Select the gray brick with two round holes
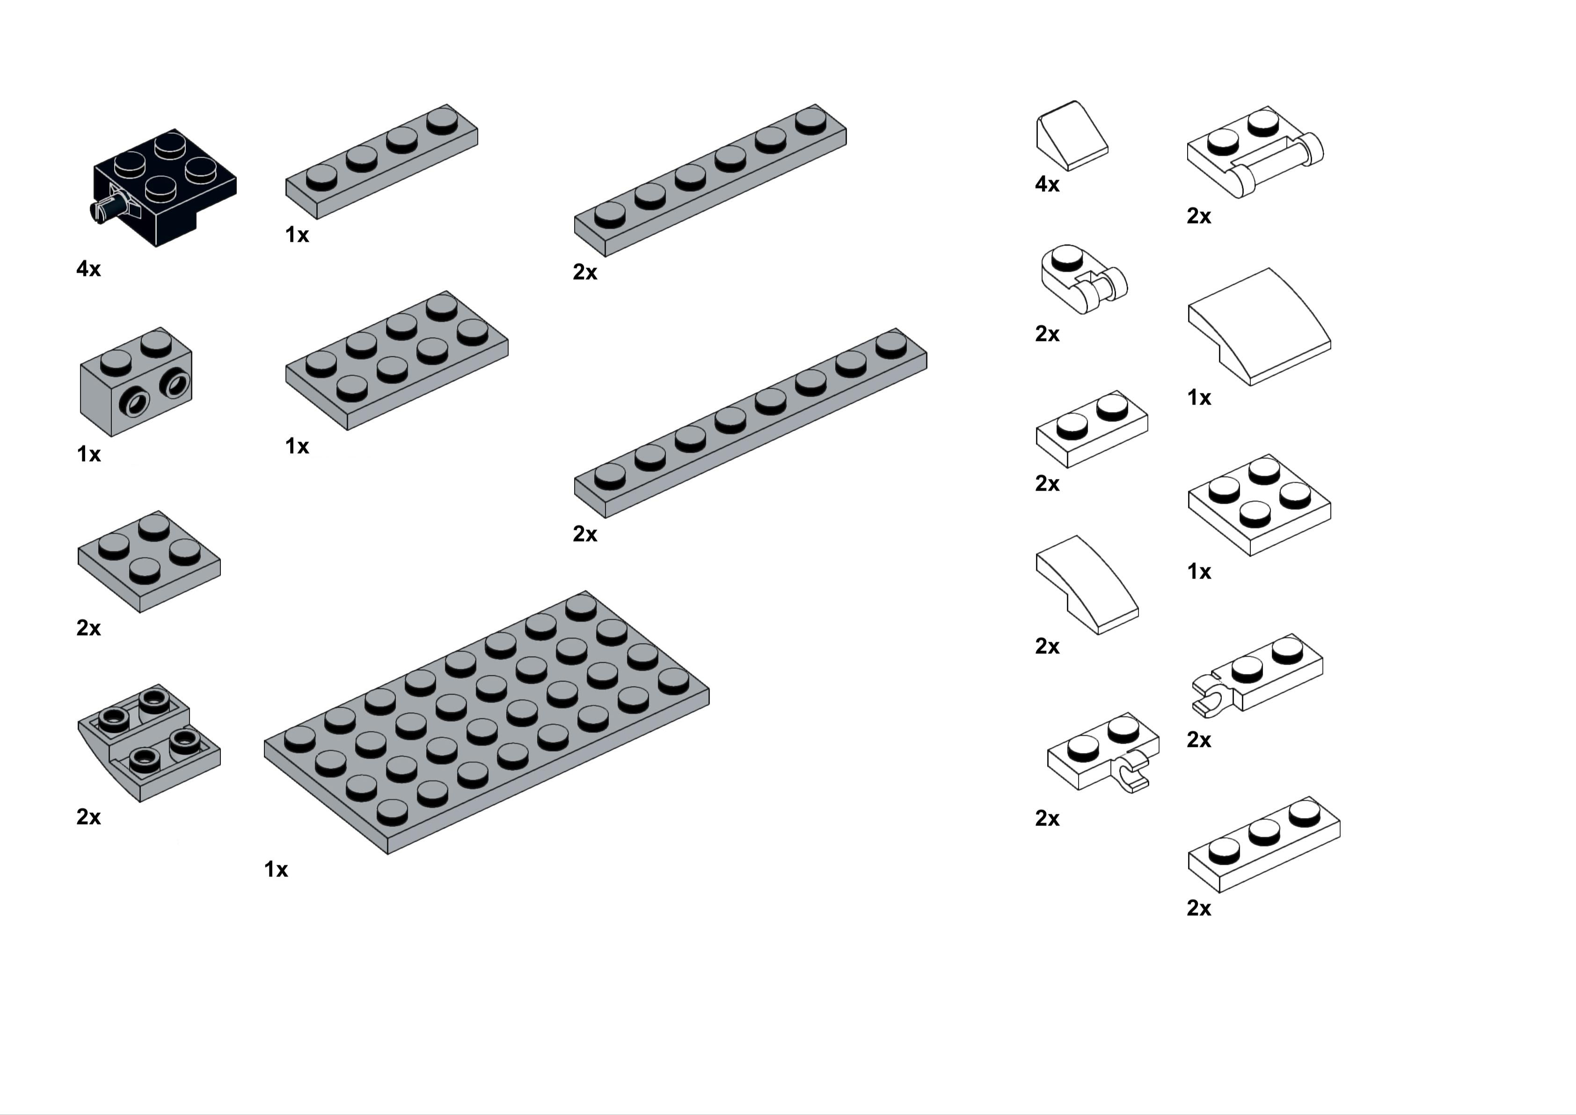[x=136, y=382]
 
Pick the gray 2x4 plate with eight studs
[x=397, y=361]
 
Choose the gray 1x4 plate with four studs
[x=382, y=162]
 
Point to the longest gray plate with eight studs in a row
[x=751, y=423]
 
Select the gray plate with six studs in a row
[x=710, y=181]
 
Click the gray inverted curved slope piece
[x=149, y=743]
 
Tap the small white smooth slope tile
[x=1071, y=135]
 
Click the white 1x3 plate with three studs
[x=1263, y=845]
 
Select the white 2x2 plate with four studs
[x=1259, y=505]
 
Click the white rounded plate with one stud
[x=1084, y=278]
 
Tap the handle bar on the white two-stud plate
[x=1277, y=163]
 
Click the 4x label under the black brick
[x=88, y=268]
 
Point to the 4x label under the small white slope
[x=1047, y=184]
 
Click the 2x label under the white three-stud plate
[x=1199, y=908]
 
